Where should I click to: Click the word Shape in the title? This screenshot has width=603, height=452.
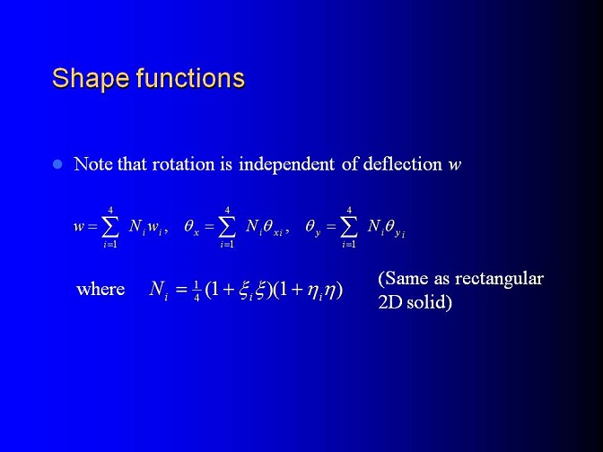[x=91, y=79]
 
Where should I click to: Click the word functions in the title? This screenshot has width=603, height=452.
[x=190, y=78]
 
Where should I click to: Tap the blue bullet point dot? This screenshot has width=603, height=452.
[x=57, y=164]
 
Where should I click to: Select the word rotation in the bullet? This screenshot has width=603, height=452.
[x=183, y=164]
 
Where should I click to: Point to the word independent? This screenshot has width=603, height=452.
[x=286, y=164]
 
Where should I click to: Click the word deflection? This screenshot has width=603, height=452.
[x=402, y=164]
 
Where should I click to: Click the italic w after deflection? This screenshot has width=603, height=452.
[x=455, y=166]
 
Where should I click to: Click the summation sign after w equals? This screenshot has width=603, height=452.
[x=109, y=227]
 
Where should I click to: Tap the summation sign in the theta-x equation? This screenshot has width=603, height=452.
[x=226, y=227]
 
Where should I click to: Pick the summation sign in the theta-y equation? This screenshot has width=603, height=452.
[x=348, y=227]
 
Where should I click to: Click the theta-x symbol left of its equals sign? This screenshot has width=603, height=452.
[x=191, y=227]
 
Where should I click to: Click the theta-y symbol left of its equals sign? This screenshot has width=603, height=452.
[x=313, y=228]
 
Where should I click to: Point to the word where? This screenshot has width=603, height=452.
[x=100, y=289]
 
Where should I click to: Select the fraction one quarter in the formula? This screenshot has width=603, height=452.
[x=197, y=291]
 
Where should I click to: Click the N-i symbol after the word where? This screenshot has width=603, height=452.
[x=159, y=290]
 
